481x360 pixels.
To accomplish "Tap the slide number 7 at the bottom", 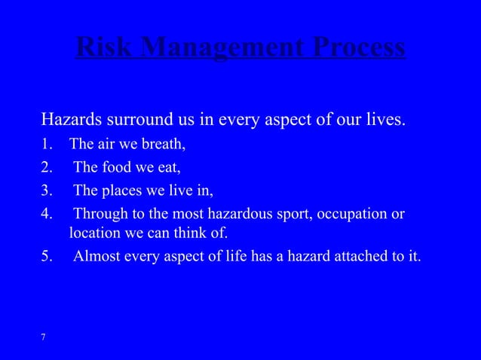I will pyautogui.click(x=43, y=336).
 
